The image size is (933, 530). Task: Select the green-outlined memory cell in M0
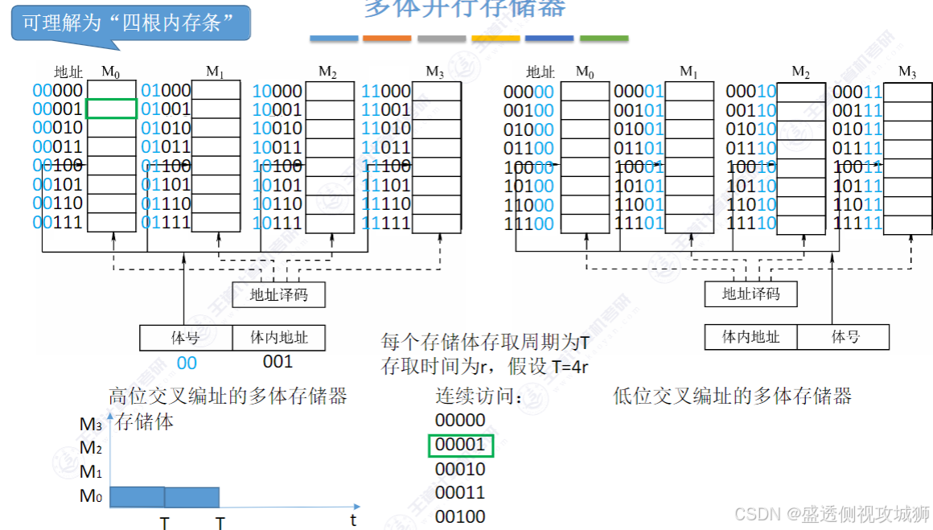click(111, 109)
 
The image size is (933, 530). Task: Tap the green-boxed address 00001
click(460, 445)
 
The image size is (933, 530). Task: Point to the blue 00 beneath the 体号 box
click(187, 363)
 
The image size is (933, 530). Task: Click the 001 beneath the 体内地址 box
click(277, 362)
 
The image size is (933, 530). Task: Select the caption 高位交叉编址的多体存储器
click(228, 396)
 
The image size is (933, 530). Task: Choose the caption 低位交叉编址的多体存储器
click(732, 396)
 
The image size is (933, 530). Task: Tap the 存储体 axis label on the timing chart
click(145, 421)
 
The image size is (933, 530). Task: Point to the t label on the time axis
click(353, 520)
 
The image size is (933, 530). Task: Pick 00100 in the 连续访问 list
click(460, 516)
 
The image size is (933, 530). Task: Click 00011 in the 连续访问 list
click(460, 492)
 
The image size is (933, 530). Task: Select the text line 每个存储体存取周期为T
click(485, 343)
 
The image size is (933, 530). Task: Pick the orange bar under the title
click(387, 39)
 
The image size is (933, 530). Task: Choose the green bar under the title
click(603, 39)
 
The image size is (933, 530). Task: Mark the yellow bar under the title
click(495, 39)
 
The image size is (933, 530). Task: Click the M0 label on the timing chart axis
click(91, 496)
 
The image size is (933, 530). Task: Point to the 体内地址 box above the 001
click(278, 338)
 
